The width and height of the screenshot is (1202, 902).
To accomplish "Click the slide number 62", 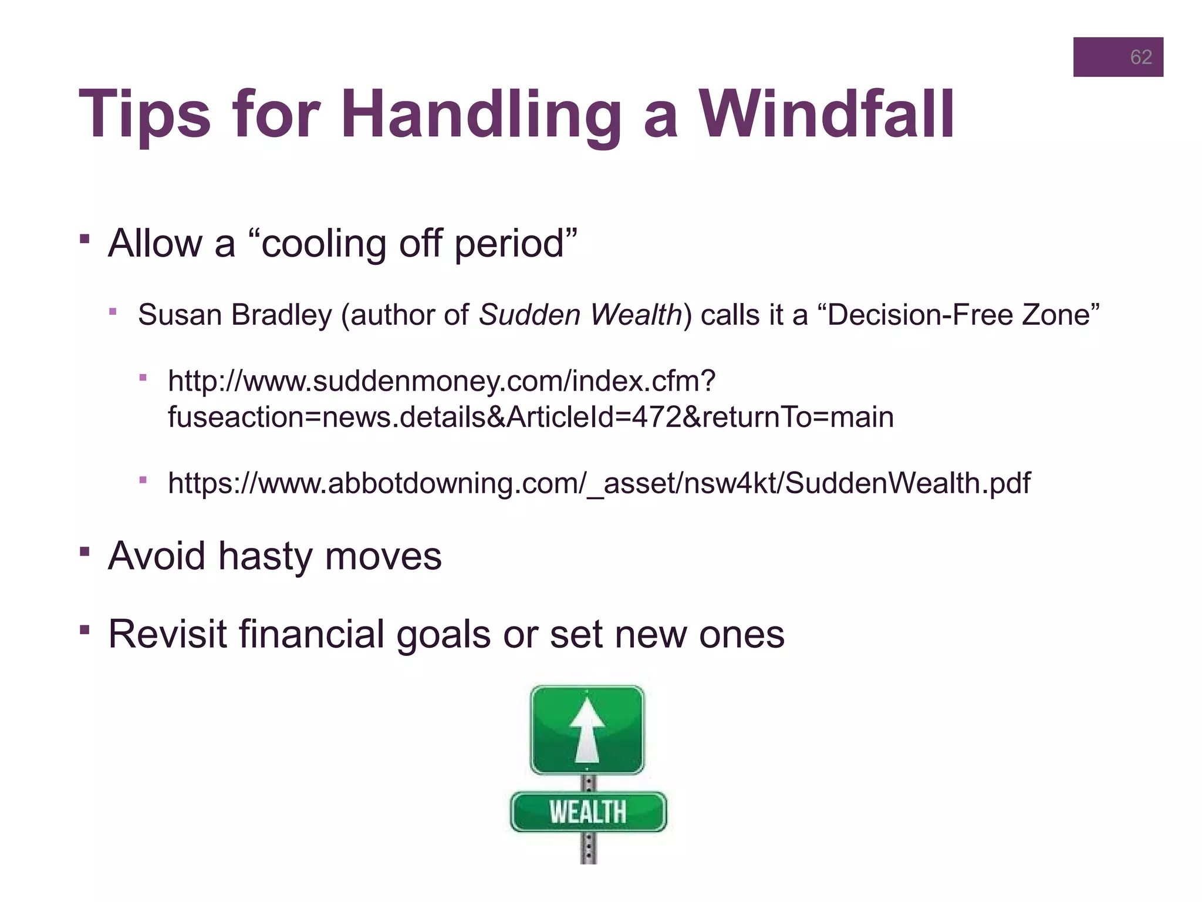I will (x=1140, y=57).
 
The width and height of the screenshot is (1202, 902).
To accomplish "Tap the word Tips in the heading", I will (x=144, y=115).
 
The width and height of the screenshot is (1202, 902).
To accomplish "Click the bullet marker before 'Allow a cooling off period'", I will (x=85, y=239).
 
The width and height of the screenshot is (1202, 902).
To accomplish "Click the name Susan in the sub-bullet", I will (x=180, y=315).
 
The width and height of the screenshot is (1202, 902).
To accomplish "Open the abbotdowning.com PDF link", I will (x=599, y=484).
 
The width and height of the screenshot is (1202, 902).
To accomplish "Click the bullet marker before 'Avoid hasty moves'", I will (x=85, y=551).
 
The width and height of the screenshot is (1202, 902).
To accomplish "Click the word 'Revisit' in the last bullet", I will (x=167, y=634).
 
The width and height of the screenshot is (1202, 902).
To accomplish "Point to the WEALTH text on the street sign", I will (x=588, y=812).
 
